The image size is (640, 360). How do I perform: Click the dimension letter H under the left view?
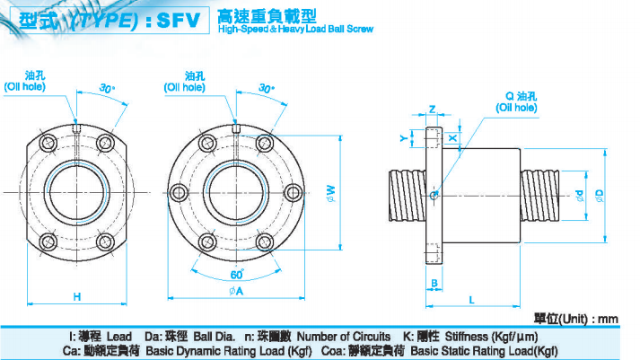pyautogui.click(x=77, y=296)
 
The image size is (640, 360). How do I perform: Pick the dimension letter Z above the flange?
pyautogui.click(x=433, y=110)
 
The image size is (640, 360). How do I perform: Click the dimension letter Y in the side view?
pyautogui.click(x=403, y=137)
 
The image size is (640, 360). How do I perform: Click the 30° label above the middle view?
pyautogui.click(x=267, y=88)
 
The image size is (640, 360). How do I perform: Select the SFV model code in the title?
pyautogui.click(x=179, y=21)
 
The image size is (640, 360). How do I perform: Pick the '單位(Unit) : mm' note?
pyautogui.click(x=576, y=318)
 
